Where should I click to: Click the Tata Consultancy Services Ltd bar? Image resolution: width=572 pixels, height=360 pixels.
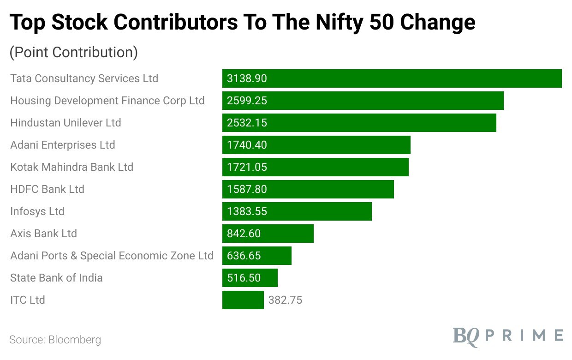tap(392, 78)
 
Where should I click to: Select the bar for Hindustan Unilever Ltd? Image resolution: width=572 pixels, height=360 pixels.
tap(359, 123)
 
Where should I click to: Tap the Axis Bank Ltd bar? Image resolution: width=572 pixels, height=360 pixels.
tap(268, 234)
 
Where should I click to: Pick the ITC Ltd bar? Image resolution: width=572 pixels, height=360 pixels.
tap(243, 300)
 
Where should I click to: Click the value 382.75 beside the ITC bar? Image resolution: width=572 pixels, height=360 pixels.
tap(285, 300)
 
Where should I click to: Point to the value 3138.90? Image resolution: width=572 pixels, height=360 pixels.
tap(247, 78)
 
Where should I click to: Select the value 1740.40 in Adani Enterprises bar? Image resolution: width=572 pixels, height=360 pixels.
tap(247, 145)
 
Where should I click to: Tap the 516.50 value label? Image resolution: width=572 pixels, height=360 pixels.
tap(244, 278)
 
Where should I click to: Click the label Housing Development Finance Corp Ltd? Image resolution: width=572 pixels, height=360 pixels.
tap(107, 101)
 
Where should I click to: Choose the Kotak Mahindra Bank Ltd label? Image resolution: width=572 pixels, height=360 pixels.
tap(71, 167)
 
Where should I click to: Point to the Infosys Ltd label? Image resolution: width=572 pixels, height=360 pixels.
tap(37, 211)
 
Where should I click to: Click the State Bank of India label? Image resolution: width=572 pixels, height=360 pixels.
tap(56, 278)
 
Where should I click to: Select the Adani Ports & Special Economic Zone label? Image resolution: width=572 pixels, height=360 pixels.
tap(112, 256)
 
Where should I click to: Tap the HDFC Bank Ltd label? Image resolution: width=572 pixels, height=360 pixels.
tap(47, 189)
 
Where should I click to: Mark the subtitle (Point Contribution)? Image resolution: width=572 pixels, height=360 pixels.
tap(73, 52)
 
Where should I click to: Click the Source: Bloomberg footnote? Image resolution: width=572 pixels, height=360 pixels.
tap(55, 340)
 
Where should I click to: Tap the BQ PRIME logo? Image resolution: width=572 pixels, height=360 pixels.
tap(507, 335)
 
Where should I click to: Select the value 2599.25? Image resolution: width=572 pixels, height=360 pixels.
tap(247, 101)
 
